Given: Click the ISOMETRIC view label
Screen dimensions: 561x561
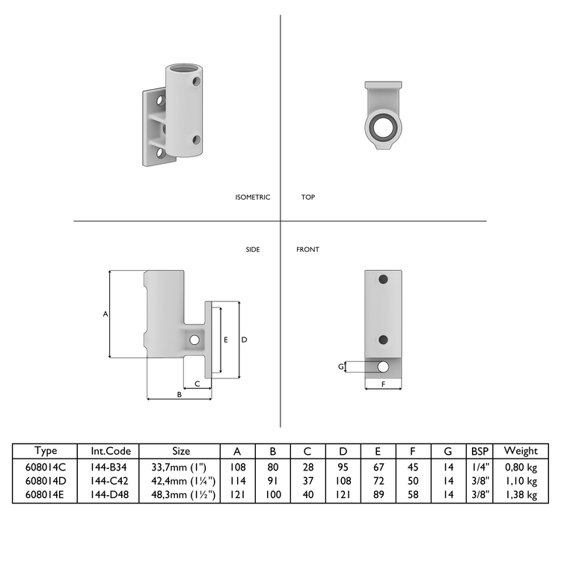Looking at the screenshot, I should [252, 197].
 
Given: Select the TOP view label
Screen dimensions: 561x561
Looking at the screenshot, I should [307, 197].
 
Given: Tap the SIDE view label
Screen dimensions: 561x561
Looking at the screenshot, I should [253, 249].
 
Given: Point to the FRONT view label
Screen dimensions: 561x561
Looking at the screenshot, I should [307, 249].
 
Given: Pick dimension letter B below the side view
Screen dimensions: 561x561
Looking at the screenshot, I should [179, 393].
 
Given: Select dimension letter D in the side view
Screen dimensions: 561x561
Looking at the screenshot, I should [244, 339].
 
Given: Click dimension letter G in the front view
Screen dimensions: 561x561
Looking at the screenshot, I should [341, 367].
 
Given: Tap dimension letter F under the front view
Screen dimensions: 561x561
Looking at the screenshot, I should [383, 384].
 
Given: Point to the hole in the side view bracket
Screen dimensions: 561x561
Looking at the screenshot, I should [194, 340].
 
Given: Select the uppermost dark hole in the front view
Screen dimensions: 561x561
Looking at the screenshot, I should [383, 279].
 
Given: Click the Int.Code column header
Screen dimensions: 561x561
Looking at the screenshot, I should [111, 451].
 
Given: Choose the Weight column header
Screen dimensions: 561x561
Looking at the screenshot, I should [521, 451].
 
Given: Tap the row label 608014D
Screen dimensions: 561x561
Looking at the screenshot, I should [46, 481].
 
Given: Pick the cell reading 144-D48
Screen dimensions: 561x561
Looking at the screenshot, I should [111, 494].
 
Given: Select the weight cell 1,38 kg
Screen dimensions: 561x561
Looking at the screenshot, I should [521, 494].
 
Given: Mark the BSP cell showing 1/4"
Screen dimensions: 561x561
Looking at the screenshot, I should [479, 467].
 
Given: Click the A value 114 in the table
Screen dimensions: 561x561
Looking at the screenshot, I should [237, 481].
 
